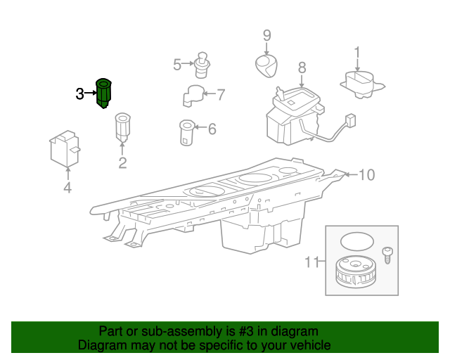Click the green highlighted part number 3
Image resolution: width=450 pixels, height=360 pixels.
[x=103, y=93]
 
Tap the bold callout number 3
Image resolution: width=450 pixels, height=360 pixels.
[x=79, y=94]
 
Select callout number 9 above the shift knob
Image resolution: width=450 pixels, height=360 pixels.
[x=267, y=35]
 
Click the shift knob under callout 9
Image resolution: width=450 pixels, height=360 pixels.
[x=266, y=66]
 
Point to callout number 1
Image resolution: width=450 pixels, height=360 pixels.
[x=357, y=53]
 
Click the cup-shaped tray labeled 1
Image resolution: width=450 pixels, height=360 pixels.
[x=362, y=84]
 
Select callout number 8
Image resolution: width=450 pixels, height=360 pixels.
[x=302, y=67]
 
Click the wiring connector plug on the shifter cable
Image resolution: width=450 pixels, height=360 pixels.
[x=351, y=120]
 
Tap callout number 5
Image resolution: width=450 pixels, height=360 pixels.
[x=177, y=64]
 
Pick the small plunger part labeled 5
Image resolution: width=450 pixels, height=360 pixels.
[x=202, y=65]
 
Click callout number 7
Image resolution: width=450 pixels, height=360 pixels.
[x=221, y=95]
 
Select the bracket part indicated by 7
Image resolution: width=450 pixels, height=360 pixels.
[x=193, y=96]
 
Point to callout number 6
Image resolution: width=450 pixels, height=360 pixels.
[x=212, y=129]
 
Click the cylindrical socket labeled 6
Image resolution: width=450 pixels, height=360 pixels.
[x=187, y=133]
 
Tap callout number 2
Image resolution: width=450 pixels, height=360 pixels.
[x=122, y=163]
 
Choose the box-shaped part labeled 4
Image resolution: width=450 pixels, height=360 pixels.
[x=65, y=148]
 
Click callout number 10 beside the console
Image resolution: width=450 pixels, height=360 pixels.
[x=367, y=175]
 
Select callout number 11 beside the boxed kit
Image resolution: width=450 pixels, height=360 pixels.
[x=311, y=262]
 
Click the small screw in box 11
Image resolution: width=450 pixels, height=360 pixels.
[x=387, y=255]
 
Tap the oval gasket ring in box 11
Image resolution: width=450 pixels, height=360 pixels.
[x=357, y=241]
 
